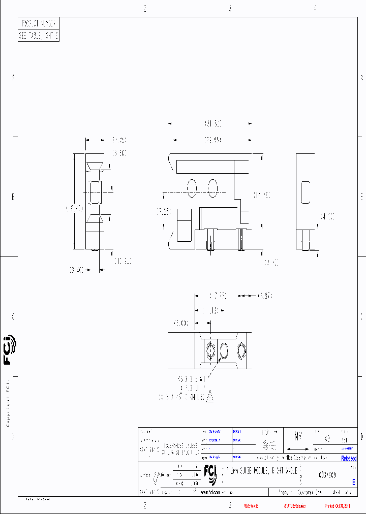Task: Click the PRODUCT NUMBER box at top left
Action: [x=39, y=24]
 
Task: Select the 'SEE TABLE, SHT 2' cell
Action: [x=39, y=36]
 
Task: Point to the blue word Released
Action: [x=349, y=458]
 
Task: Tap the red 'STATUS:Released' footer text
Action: [x=295, y=506]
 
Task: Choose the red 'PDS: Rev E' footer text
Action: [x=251, y=506]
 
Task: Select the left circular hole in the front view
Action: [x=192, y=188]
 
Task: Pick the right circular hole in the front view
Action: [x=213, y=188]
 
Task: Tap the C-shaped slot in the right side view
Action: [x=305, y=192]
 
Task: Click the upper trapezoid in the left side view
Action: [x=95, y=166]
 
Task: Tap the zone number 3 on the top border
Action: [x=230, y=8]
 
